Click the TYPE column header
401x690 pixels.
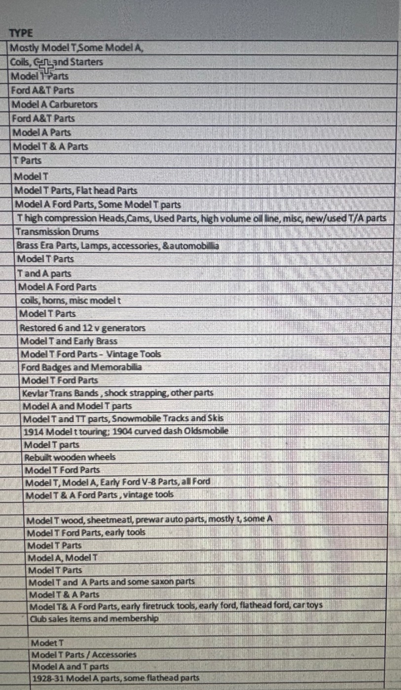coord(21,34)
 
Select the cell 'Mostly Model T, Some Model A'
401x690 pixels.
coord(77,48)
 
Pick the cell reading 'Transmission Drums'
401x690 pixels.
coord(57,232)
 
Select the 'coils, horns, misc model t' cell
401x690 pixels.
coord(71,300)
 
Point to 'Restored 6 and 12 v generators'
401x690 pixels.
coord(82,328)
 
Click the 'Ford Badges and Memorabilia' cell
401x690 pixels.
coord(81,367)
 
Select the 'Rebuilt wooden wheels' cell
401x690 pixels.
coord(70,457)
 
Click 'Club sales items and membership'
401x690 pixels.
coord(94,618)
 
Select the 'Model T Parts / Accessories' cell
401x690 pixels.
coord(84,655)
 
